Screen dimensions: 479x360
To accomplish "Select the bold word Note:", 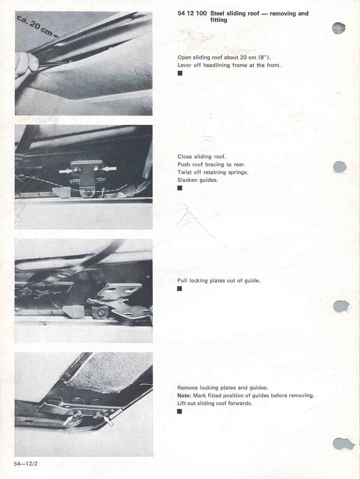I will (x=185, y=396).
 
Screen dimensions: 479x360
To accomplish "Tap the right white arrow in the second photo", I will (x=108, y=170).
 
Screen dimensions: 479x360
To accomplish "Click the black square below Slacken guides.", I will (x=180, y=188).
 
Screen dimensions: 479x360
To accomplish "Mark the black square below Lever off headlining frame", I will (x=180, y=73).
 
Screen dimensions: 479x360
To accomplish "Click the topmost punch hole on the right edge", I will (x=339, y=28).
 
